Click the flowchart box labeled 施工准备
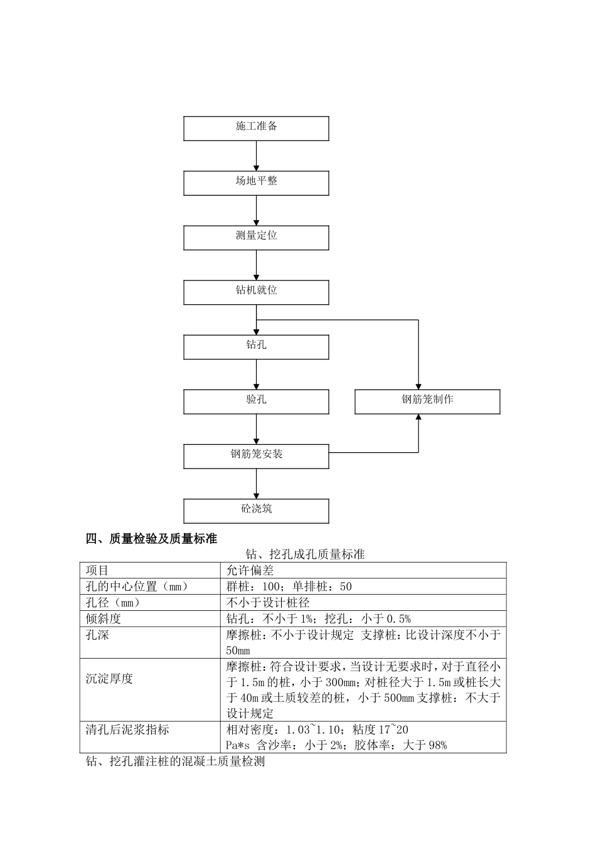tap(256, 128)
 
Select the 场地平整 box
tap(256, 183)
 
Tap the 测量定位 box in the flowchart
tap(256, 237)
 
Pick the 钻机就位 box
tap(256, 292)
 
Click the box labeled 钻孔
tap(256, 346)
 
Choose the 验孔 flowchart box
tap(256, 401)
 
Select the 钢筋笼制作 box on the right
tap(427, 401)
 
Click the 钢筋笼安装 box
tap(256, 455)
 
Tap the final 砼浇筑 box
tap(256, 510)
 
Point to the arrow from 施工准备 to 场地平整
tap(256, 156)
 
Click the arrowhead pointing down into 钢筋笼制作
tap(418, 385)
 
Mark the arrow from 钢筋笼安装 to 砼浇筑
tap(256, 484)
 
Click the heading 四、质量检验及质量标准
tap(151, 539)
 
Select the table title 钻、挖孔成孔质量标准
tap(304, 554)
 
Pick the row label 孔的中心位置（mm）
tap(137, 586)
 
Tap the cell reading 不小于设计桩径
tap(268, 603)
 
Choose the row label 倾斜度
tap(104, 618)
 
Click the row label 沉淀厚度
tap(110, 679)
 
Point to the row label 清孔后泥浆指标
tap(127, 729)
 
